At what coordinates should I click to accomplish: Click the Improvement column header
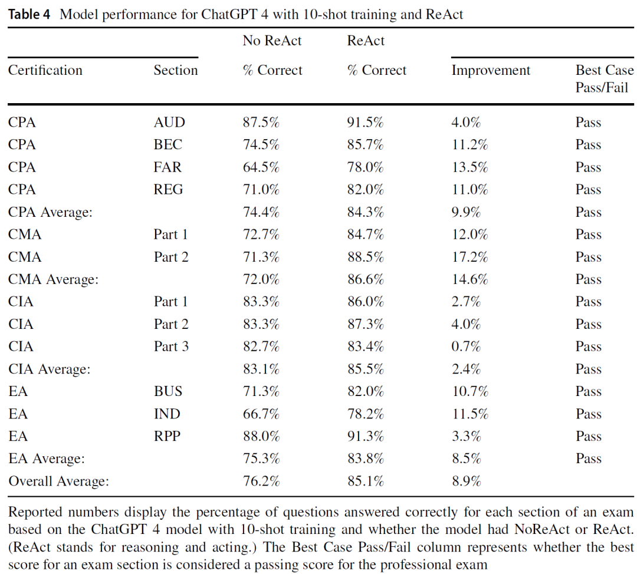pos(491,70)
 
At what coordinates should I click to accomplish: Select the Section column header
pos(176,70)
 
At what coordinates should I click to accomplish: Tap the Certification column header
pos(45,70)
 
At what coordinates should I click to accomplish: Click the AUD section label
pos(169,122)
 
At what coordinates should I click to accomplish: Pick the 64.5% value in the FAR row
pos(261,167)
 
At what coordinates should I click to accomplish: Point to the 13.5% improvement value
pos(470,167)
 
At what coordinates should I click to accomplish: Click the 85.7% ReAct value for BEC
pos(365,144)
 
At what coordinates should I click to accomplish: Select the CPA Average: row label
pos(50,212)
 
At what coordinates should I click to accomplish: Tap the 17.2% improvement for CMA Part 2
pos(470,257)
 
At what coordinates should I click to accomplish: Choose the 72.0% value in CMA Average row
pos(261,279)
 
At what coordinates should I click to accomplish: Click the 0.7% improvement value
pos(467,347)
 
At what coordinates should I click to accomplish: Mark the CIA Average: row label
pos(49,369)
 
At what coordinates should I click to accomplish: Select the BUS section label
pos(168,391)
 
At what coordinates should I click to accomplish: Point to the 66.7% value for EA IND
pos(261,414)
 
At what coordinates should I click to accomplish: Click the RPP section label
pos(167,436)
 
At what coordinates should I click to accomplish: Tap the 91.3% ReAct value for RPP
pos(365,436)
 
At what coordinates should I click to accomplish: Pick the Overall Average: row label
pos(59,481)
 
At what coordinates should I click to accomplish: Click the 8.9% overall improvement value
pos(467,481)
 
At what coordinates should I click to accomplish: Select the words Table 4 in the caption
pos(29,14)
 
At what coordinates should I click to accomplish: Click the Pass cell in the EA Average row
pos(588,458)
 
